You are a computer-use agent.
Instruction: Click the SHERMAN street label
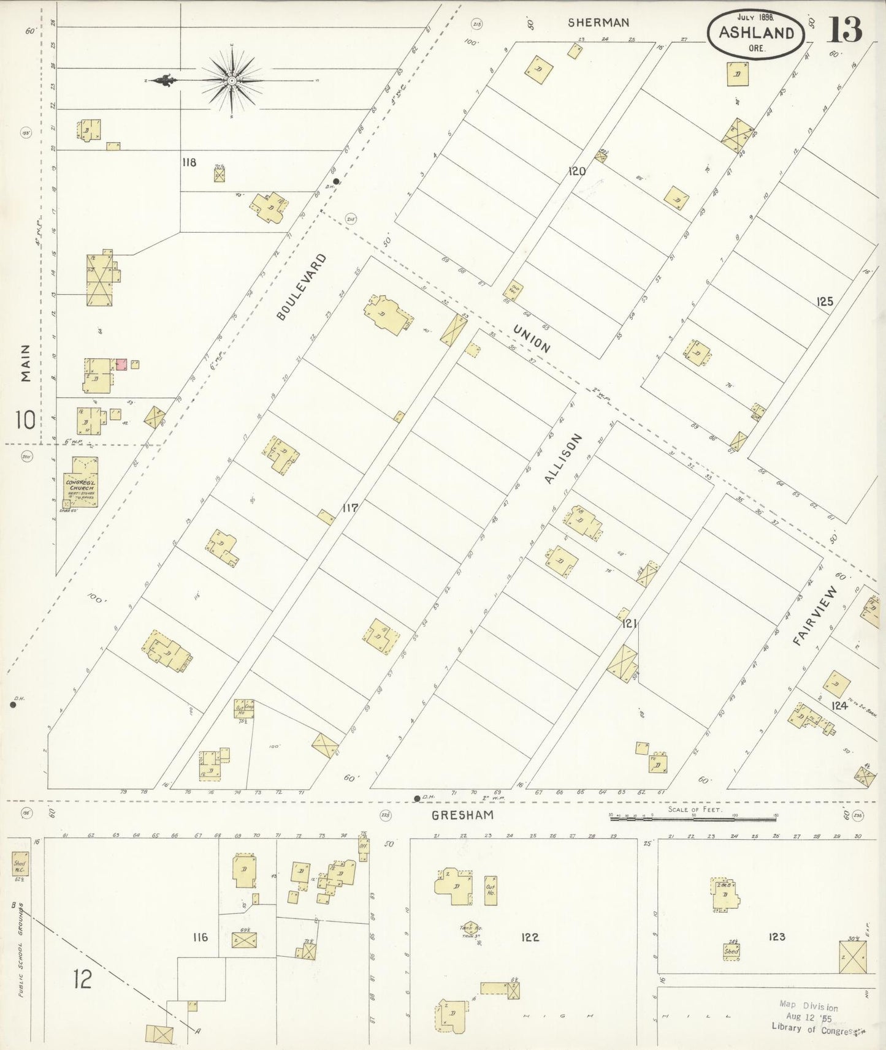[598, 23]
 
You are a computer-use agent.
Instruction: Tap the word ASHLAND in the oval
[757, 33]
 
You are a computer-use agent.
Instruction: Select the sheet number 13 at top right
[845, 29]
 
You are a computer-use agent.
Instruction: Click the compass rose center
[232, 80]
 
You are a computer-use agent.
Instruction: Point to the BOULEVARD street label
[301, 287]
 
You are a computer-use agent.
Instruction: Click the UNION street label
[532, 339]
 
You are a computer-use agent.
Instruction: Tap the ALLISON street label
[562, 459]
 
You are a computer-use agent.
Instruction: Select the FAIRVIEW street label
[814, 616]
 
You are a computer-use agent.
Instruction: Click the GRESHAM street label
[462, 815]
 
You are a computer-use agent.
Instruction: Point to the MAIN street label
[25, 363]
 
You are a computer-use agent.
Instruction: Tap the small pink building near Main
[121, 364]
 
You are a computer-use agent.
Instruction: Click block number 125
[825, 301]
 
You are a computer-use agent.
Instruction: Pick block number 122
[530, 937]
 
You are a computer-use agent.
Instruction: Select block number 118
[189, 162]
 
